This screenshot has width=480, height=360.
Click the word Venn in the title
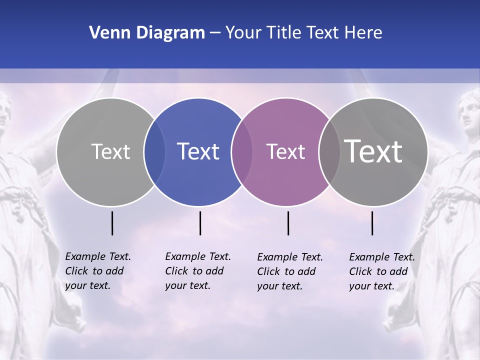tap(105, 33)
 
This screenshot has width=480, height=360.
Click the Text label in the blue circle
tap(198, 151)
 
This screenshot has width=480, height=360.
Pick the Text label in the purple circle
tap(285, 151)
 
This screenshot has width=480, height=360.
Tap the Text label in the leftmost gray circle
tap(110, 151)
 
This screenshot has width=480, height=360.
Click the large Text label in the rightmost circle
tap(373, 151)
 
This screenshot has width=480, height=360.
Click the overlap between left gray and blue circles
tap(155, 152)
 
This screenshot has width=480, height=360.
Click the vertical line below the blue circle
tap(200, 223)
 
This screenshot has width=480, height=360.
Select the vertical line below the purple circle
tap(288, 223)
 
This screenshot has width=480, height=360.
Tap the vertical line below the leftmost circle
tap(112, 223)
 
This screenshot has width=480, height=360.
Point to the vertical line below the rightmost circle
tap(372, 223)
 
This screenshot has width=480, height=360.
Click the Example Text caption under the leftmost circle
tap(98, 271)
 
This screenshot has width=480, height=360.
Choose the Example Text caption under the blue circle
tap(198, 271)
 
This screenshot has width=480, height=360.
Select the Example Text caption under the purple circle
tap(290, 271)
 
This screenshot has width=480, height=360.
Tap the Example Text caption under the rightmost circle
tap(382, 271)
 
